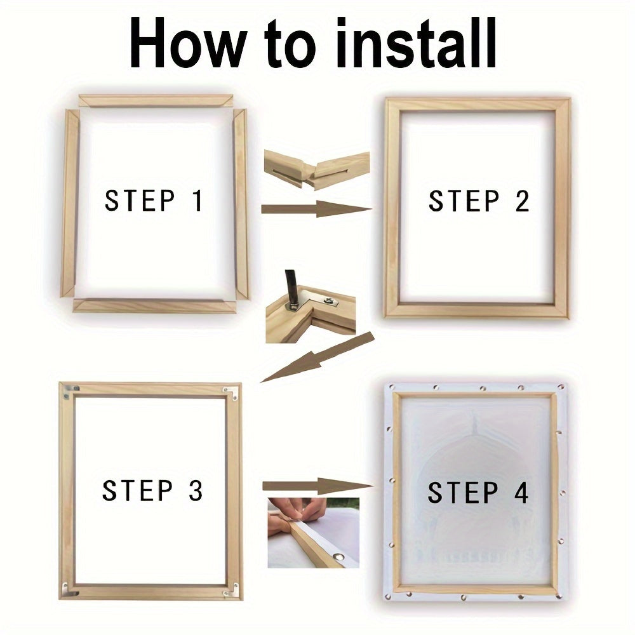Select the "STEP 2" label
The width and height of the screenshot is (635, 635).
click(x=479, y=201)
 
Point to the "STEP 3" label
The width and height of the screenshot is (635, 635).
click(x=152, y=491)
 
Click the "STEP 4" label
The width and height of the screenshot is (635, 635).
click(x=478, y=493)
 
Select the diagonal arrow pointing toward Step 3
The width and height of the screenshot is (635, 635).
click(x=317, y=357)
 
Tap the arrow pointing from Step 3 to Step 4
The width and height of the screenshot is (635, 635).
click(x=317, y=486)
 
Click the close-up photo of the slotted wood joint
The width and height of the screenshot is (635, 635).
click(x=317, y=170)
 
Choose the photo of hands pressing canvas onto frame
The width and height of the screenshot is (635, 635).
click(x=313, y=532)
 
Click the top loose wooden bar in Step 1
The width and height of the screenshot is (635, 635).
click(x=155, y=101)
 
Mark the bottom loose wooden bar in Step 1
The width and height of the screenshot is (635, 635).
click(x=154, y=305)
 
